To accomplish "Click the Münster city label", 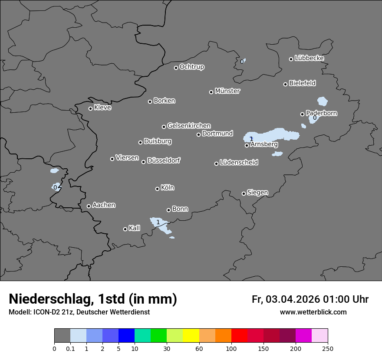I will click(227, 91).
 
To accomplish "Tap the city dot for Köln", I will click(157, 189).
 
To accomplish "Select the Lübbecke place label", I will click(309, 58).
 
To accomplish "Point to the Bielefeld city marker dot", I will click(286, 84).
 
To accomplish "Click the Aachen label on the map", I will click(104, 205).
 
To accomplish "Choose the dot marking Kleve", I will click(90, 108).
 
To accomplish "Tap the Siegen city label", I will click(257, 193).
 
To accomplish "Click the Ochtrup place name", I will click(192, 67).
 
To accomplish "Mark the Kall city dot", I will click(125, 229).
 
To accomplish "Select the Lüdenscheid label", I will click(239, 163).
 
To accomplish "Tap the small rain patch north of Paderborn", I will click(322, 101).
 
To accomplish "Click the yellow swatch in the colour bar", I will click(191, 336).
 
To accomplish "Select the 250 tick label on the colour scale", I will click(328, 348).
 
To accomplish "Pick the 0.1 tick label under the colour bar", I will click(70, 348).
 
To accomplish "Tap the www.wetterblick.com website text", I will click(313, 312).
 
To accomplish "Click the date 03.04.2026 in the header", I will click(293, 299).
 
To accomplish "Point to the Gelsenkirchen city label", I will click(189, 126).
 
